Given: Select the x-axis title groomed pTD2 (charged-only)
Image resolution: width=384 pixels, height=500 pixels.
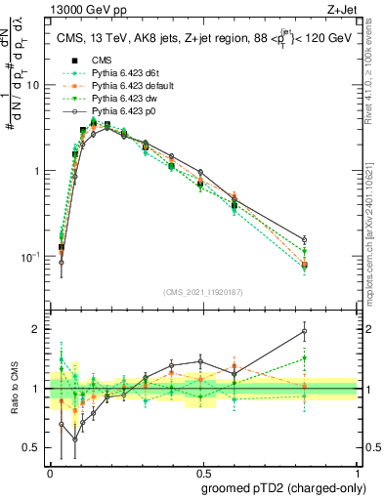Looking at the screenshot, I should coord(282,487).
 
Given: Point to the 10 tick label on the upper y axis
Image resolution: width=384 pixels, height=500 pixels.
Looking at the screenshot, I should coord(33,85).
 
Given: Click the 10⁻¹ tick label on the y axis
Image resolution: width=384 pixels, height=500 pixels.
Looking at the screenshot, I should coord(29,257).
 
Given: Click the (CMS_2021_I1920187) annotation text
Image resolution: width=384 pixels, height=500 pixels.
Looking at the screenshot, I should coord(203,291).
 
